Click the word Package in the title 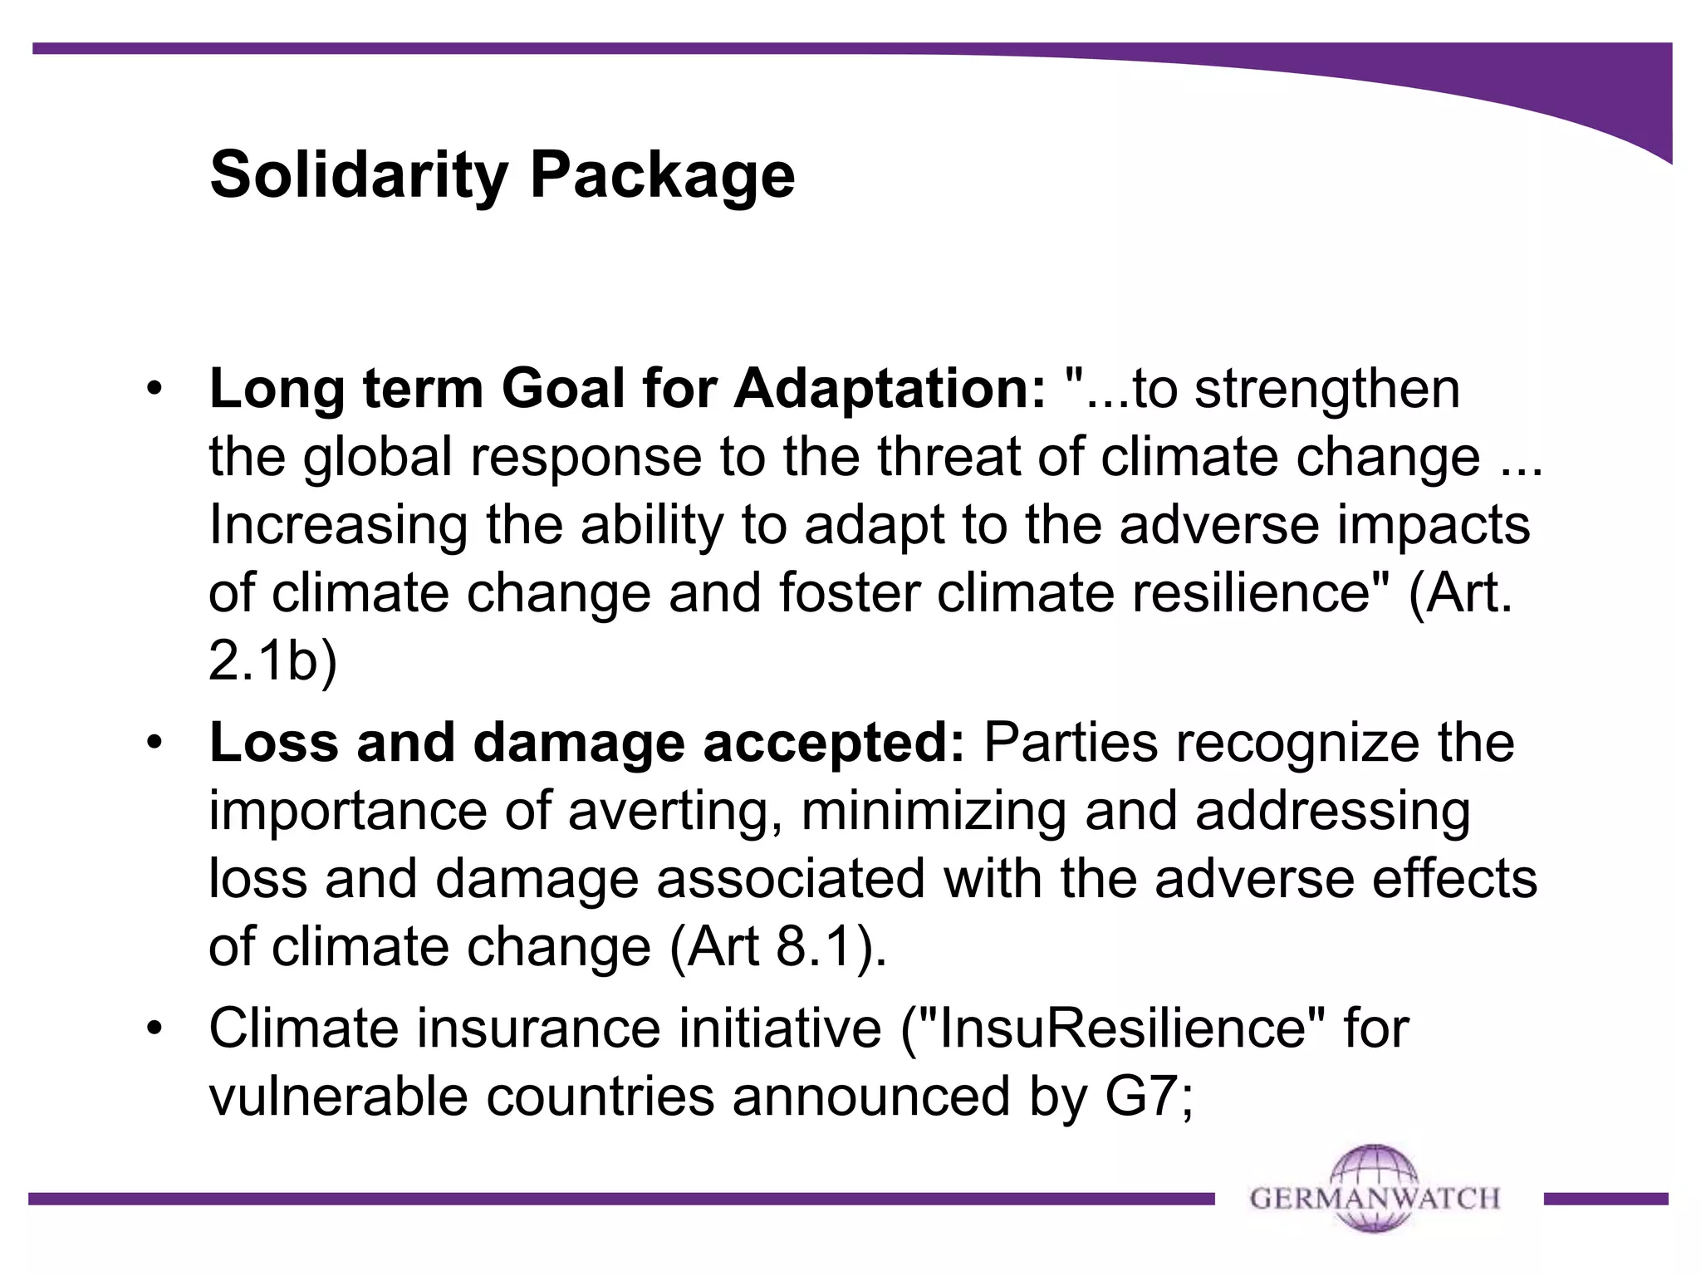[x=662, y=176]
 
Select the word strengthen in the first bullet [x=1326, y=389]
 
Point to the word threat [x=951, y=457]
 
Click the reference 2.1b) [x=272, y=662]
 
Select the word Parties [x=1071, y=742]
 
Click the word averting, [x=674, y=812]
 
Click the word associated [x=791, y=879]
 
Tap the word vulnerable [x=340, y=1097]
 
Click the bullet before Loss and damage [x=153, y=744]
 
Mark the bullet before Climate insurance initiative [x=153, y=1029]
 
